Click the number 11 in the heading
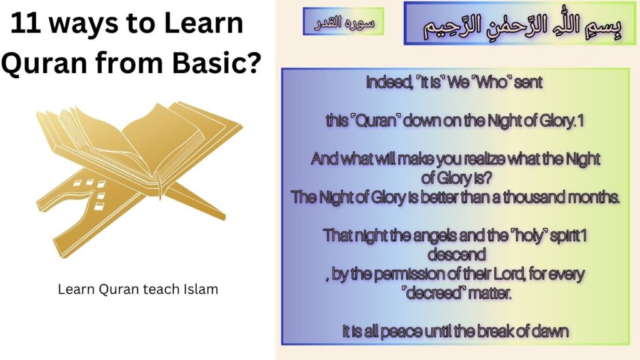point(26,24)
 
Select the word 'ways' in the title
point(84,24)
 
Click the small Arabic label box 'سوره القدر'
point(343,22)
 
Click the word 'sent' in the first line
point(529,82)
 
